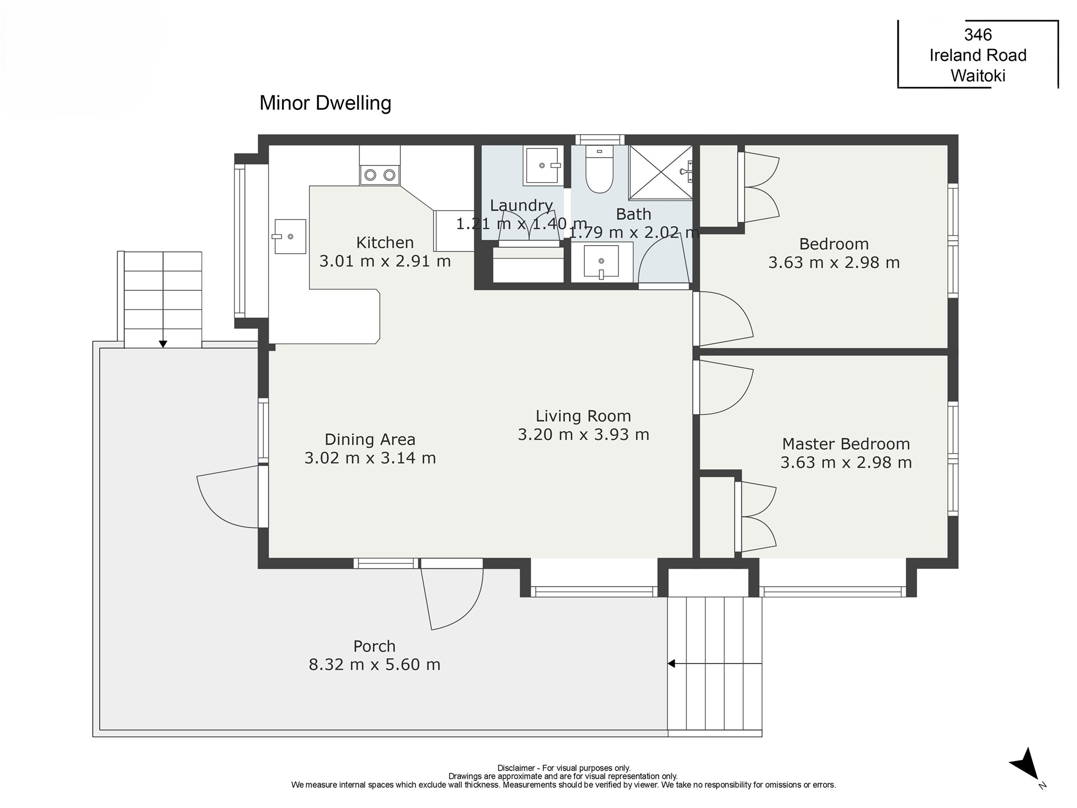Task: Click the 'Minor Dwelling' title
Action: pos(325,103)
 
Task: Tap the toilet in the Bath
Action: pos(599,169)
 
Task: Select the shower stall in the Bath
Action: pos(661,172)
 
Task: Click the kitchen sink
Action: pos(290,236)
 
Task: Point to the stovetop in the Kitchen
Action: pos(380,175)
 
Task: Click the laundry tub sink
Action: pos(542,166)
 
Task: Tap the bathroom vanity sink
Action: pos(602,262)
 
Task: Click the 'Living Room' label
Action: pos(583,416)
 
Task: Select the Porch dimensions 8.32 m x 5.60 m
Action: pos(374,664)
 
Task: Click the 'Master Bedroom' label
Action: pos(846,444)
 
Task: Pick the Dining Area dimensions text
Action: pos(370,458)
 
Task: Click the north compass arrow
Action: pos(1025,764)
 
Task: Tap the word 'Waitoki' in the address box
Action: pos(978,75)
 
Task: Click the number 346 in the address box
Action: pos(978,34)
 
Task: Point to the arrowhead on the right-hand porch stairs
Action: pos(671,664)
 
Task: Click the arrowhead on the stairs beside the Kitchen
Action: pos(163,344)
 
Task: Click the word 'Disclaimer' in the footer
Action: pos(516,768)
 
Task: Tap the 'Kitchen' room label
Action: pos(385,242)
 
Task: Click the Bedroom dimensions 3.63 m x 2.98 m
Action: pos(834,262)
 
